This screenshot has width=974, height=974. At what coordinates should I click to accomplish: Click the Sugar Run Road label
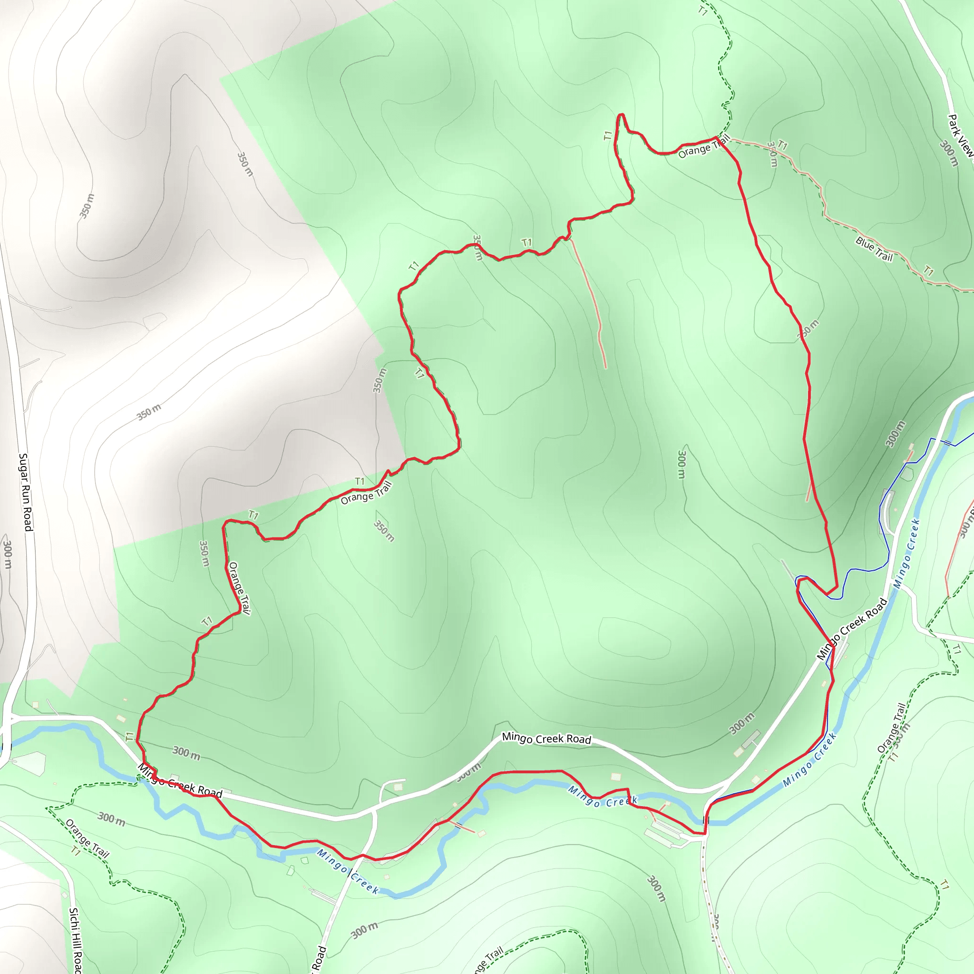(25, 492)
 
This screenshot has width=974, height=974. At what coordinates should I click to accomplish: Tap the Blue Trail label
(874, 249)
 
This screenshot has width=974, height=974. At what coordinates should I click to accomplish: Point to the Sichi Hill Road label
(75, 941)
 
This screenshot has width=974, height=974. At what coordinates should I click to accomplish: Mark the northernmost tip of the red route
(621, 115)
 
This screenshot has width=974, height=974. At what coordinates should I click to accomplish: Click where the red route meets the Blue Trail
(716, 137)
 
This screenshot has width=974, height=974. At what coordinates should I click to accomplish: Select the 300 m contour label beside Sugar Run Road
(8, 555)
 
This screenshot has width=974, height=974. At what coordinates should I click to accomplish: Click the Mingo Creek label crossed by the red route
(603, 797)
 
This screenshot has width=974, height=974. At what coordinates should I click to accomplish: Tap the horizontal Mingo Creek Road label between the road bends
(546, 739)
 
